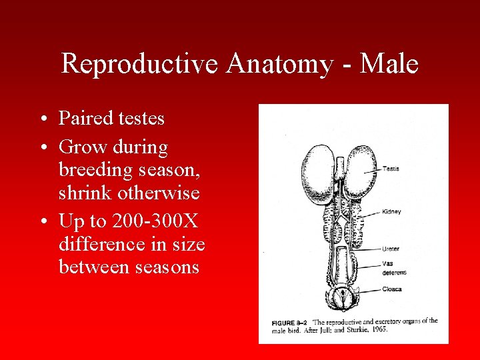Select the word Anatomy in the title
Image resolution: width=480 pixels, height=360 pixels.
pyautogui.click(x=279, y=65)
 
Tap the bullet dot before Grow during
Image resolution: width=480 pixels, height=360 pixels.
pyautogui.click(x=42, y=146)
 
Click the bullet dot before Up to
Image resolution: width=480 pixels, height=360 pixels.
pyautogui.click(x=42, y=220)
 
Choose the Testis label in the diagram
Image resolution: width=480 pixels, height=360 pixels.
pyautogui.click(x=391, y=169)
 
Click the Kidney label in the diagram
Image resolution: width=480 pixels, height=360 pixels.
pyautogui.click(x=391, y=211)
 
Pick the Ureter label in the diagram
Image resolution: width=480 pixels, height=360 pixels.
pyautogui.click(x=391, y=249)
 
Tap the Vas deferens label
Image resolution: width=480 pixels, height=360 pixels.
pyautogui.click(x=394, y=268)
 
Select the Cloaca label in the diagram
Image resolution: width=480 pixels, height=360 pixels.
pyautogui.click(x=391, y=289)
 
